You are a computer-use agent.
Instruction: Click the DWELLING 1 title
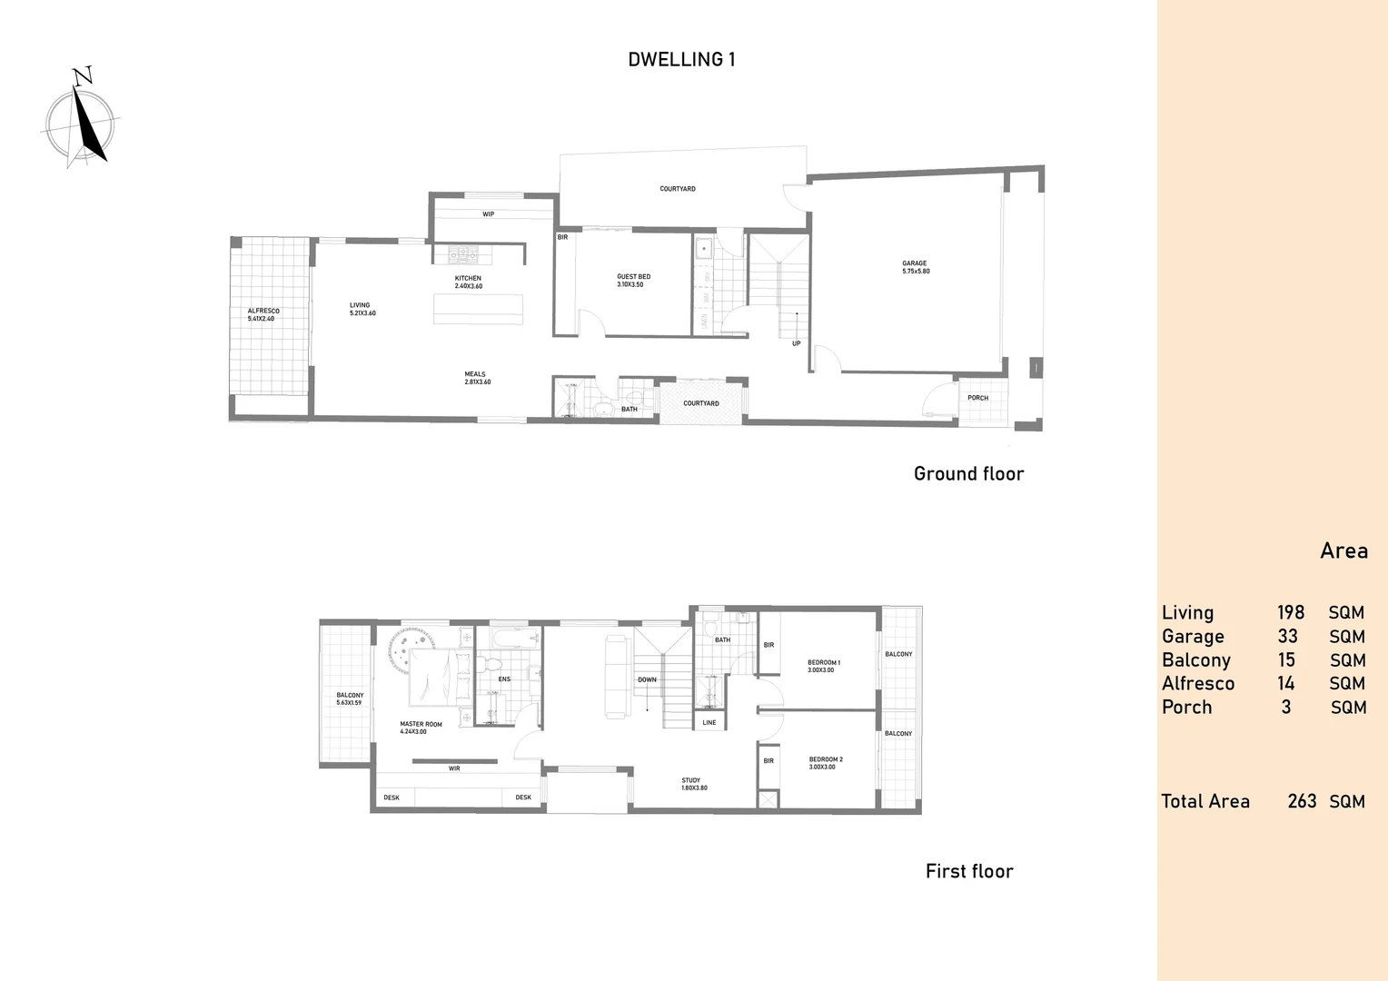pyautogui.click(x=681, y=60)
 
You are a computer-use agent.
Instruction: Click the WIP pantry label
pyautogui.click(x=488, y=214)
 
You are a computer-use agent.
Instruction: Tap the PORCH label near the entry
pyautogui.click(x=977, y=398)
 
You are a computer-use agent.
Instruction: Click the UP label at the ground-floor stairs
pyautogui.click(x=796, y=343)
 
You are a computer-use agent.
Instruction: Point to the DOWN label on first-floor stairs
pyautogui.click(x=647, y=679)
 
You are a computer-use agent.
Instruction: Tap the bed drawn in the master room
pyautogui.click(x=440, y=677)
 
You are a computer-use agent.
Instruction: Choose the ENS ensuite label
pyautogui.click(x=504, y=679)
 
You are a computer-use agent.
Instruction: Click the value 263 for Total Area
pyautogui.click(x=1301, y=801)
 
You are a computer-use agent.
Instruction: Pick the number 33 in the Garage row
pyautogui.click(x=1287, y=637)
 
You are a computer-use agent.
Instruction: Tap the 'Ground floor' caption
pyautogui.click(x=968, y=474)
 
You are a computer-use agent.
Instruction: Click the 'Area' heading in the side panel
pyautogui.click(x=1343, y=551)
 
